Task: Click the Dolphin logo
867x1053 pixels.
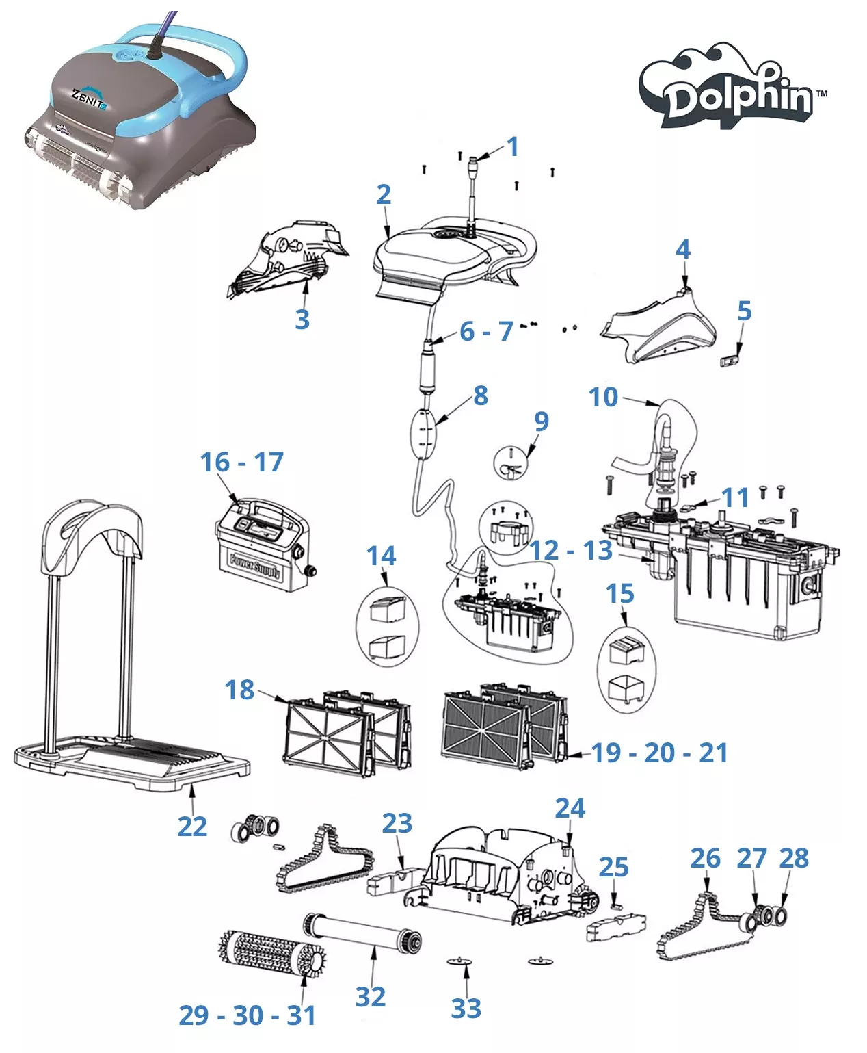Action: (x=732, y=87)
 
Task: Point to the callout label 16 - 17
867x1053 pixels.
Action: (x=242, y=462)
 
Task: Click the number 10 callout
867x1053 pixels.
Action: (x=603, y=397)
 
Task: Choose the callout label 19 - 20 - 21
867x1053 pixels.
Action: (x=659, y=753)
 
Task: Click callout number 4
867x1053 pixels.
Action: (x=683, y=249)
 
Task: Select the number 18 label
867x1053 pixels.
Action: (x=239, y=690)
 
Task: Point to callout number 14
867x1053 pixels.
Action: (x=381, y=556)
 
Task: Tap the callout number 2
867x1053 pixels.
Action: (x=384, y=195)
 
